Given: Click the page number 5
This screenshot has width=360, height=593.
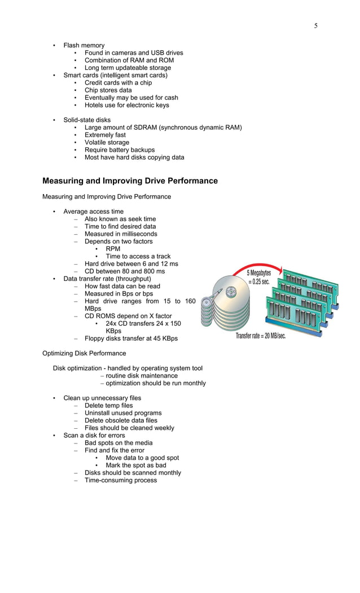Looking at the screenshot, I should (316, 25).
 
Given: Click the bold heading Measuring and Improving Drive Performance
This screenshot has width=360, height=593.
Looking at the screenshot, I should (130, 181).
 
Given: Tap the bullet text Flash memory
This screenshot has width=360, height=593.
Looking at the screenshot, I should (84, 45).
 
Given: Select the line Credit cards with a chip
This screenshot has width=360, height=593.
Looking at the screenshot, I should (118, 83).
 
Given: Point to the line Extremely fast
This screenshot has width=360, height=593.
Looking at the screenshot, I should (105, 135).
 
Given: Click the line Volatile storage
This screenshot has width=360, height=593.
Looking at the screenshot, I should (107, 143).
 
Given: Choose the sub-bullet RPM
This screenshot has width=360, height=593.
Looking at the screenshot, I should (113, 249).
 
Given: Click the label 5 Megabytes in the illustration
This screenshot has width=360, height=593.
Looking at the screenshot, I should (259, 273).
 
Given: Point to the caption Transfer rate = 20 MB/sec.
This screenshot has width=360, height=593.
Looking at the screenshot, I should (261, 336).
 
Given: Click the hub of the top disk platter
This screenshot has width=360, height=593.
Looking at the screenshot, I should (232, 292).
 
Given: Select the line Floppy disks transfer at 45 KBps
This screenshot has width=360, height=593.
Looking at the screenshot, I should (131, 339).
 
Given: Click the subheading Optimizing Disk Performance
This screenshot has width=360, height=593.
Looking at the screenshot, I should (84, 353).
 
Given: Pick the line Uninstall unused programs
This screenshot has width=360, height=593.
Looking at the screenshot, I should (123, 413).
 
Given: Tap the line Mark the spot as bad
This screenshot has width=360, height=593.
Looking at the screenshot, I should (136, 465).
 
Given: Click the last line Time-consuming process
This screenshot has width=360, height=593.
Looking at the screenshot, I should (121, 480).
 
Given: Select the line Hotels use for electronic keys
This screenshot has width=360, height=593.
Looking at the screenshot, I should (126, 105).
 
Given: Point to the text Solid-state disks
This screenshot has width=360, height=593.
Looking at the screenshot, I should (87, 120).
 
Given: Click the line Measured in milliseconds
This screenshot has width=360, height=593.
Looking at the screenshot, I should (121, 234).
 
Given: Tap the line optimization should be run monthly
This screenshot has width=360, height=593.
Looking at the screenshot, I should (156, 383).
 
